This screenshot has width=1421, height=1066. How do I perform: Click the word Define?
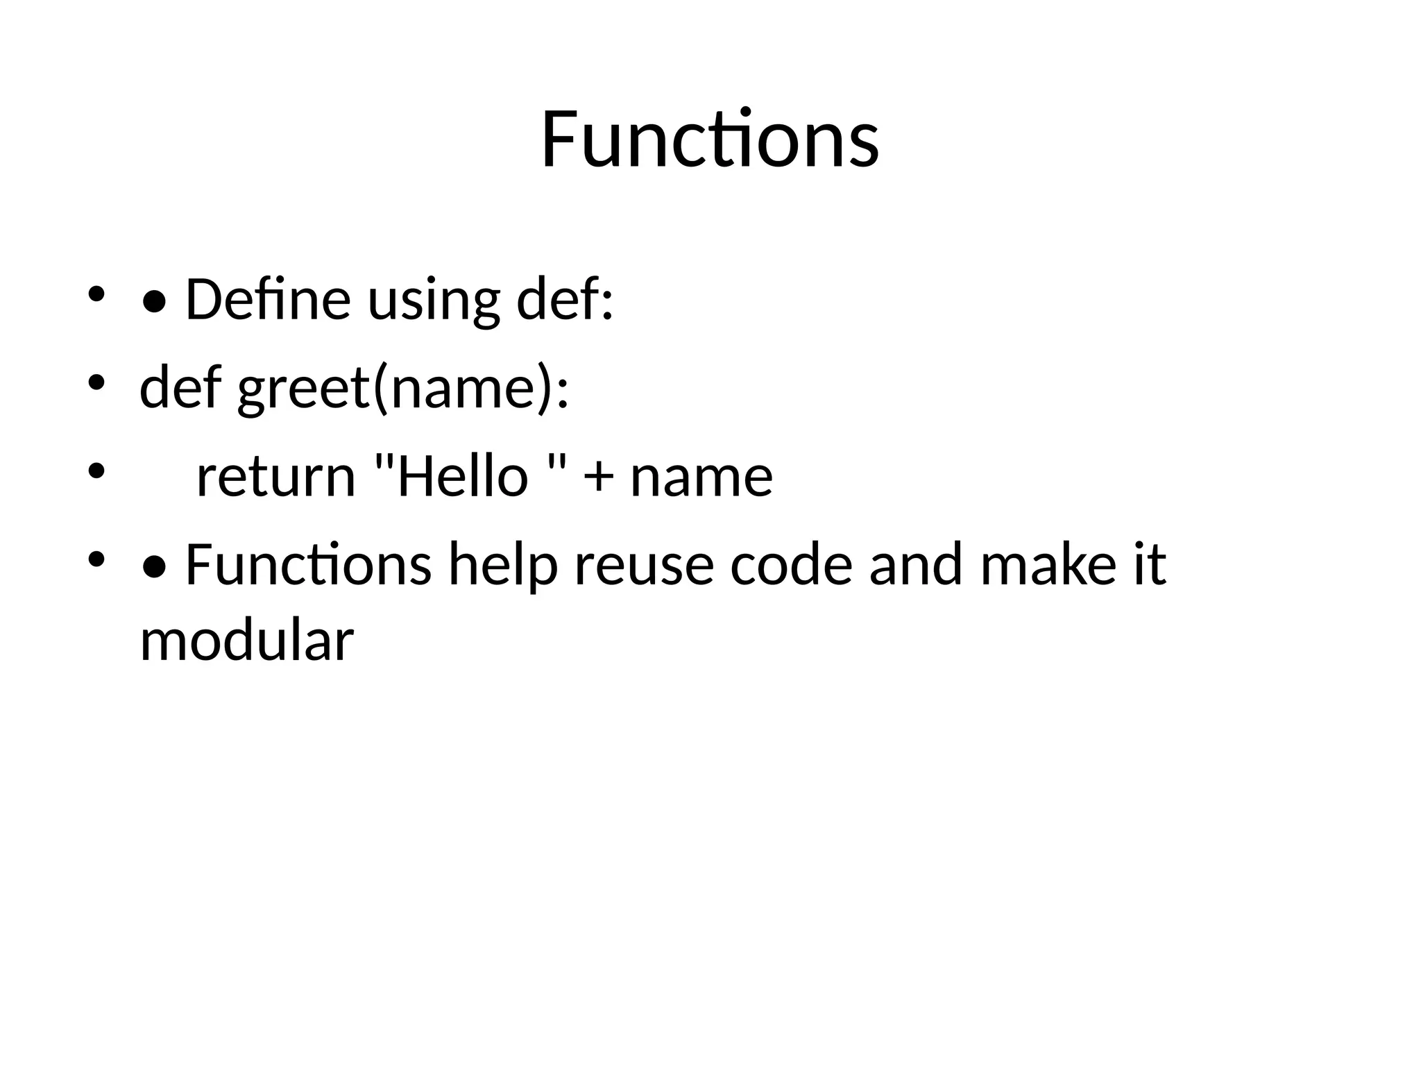(268, 300)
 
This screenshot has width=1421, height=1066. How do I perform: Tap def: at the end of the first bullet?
(565, 300)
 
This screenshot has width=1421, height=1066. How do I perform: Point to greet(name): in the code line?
(402, 389)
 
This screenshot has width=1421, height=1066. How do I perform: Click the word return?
(275, 477)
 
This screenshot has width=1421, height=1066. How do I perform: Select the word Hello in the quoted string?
(461, 477)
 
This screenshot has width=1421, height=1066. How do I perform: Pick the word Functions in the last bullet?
(308, 565)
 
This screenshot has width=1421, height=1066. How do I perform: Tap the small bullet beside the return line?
(96, 471)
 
